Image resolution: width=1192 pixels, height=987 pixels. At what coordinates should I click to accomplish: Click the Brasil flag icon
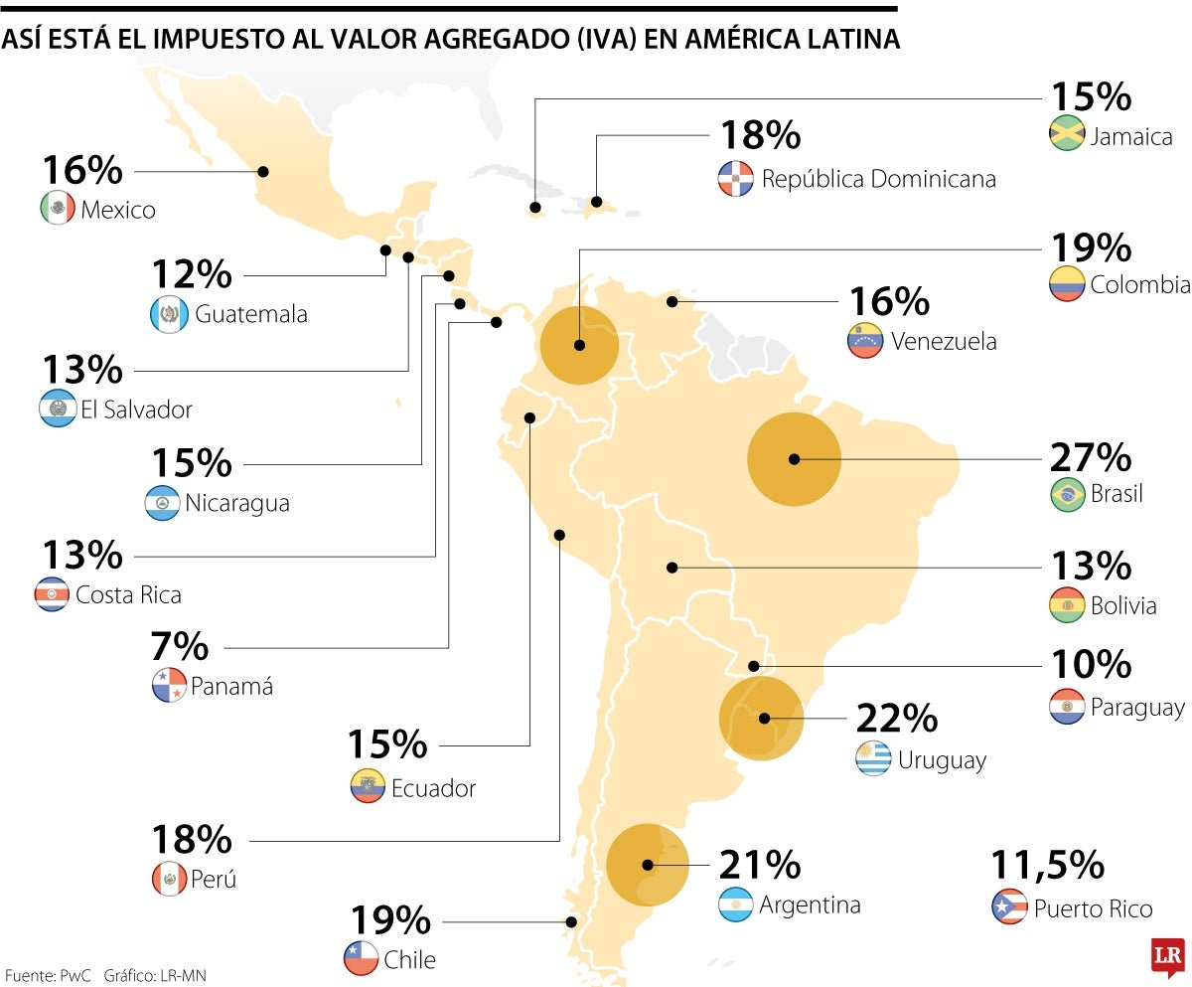click(1068, 494)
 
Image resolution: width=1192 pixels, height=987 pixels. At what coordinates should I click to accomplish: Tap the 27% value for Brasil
click(1091, 458)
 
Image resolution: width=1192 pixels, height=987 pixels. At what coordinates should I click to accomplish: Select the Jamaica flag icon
click(1067, 135)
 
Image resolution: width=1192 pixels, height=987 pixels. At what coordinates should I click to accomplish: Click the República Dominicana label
click(878, 179)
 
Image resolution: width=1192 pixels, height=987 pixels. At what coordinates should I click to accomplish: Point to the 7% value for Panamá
click(181, 647)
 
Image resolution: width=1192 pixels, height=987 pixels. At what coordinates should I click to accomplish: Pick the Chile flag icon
click(361, 959)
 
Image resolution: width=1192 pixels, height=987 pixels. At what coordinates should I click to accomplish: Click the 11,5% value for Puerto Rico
click(1047, 865)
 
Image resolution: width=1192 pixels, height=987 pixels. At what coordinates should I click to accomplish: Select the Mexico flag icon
click(58, 209)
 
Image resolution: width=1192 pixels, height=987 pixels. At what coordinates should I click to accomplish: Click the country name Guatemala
click(251, 315)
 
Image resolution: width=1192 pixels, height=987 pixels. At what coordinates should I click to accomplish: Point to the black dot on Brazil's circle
click(794, 459)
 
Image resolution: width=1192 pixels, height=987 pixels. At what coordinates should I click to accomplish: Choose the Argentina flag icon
click(737, 905)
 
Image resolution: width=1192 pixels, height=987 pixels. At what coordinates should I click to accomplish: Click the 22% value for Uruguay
click(897, 717)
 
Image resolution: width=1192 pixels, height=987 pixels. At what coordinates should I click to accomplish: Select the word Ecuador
click(433, 789)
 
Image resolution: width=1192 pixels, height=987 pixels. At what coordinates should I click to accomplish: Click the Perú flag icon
click(169, 879)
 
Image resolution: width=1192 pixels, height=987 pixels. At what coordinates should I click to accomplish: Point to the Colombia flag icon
click(1067, 285)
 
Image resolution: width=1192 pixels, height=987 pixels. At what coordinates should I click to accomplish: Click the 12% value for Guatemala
click(192, 274)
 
